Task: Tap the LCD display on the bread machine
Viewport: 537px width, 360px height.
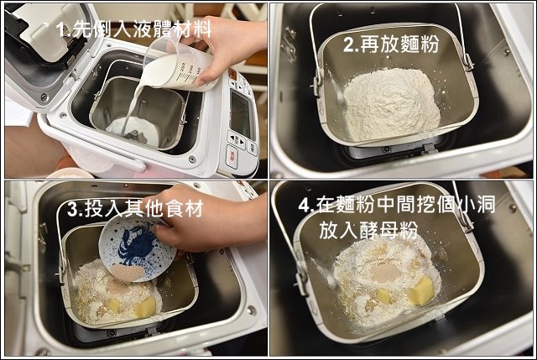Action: point(242,114)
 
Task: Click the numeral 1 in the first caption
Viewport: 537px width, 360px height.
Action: point(61,29)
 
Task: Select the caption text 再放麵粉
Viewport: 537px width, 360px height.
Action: point(399,44)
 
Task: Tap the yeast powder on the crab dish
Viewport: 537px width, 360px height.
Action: point(128,272)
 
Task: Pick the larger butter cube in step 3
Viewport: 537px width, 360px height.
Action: point(145,307)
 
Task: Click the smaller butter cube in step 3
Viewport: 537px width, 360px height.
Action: point(114,305)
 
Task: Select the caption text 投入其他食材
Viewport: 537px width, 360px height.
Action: point(143,208)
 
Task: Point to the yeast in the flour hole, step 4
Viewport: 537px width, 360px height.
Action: point(384,273)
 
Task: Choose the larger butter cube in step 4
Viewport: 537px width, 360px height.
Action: point(421,291)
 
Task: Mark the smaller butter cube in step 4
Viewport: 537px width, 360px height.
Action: point(383,296)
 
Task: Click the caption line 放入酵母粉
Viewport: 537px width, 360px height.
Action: point(369,229)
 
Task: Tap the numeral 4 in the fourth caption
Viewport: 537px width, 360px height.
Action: point(304,206)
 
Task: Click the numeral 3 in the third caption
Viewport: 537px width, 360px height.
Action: point(73,209)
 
